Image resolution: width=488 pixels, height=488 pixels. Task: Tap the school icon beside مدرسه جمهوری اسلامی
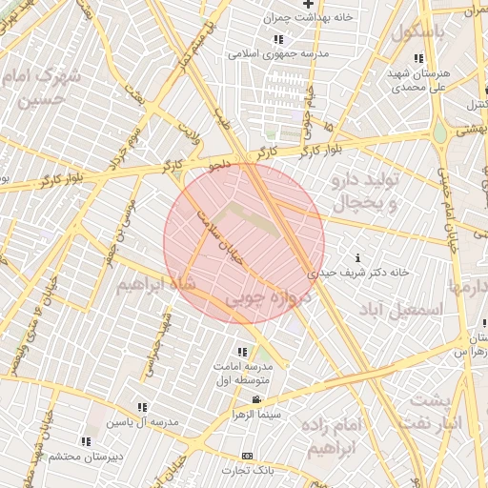(278, 39)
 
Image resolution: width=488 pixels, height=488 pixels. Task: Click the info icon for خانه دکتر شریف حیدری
(358, 257)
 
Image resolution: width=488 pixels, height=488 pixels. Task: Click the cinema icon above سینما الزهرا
(255, 400)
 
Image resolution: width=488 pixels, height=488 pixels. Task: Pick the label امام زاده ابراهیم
(333, 434)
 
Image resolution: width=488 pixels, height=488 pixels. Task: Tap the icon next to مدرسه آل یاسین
(143, 407)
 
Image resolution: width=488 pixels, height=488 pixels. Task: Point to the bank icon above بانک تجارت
(248, 456)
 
